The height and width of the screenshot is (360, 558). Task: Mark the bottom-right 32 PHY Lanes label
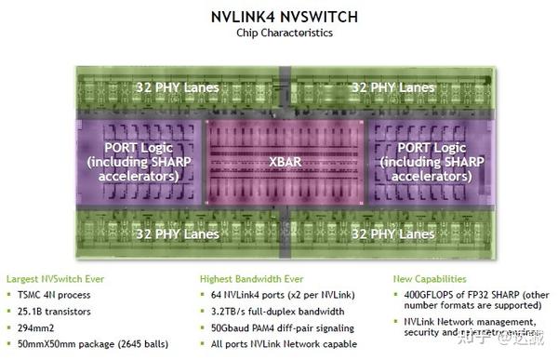(x=392, y=233)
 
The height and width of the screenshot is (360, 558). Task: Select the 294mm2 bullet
(x=42, y=327)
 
